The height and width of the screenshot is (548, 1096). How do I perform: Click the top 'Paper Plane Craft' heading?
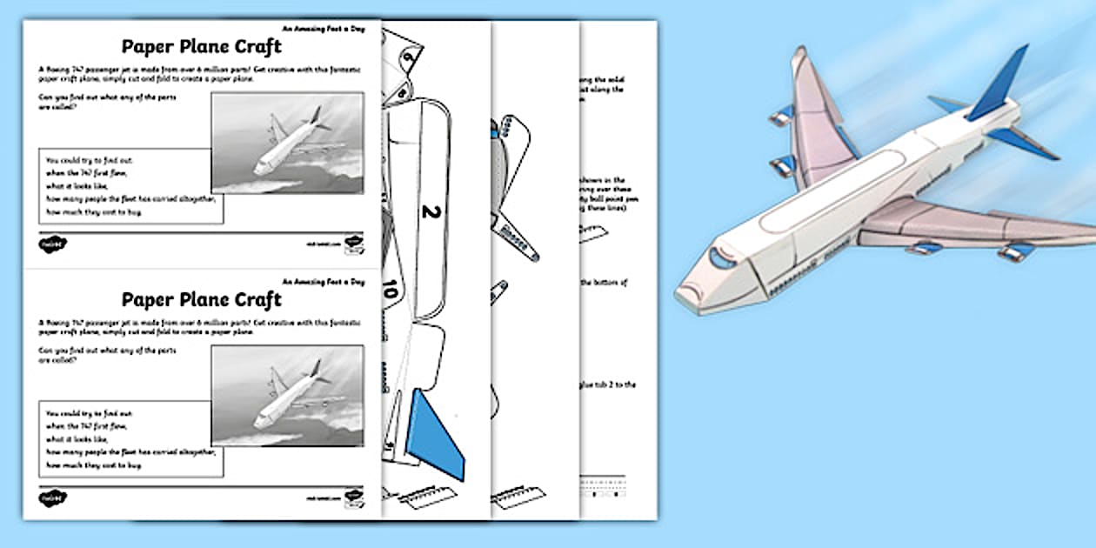click(x=201, y=45)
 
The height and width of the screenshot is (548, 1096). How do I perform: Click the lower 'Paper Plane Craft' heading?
click(x=201, y=299)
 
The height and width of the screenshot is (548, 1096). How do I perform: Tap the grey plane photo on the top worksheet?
click(x=287, y=143)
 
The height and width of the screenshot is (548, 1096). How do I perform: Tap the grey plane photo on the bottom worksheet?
click(x=287, y=397)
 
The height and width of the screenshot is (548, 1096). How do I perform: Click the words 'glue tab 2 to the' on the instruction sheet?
click(x=605, y=384)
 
